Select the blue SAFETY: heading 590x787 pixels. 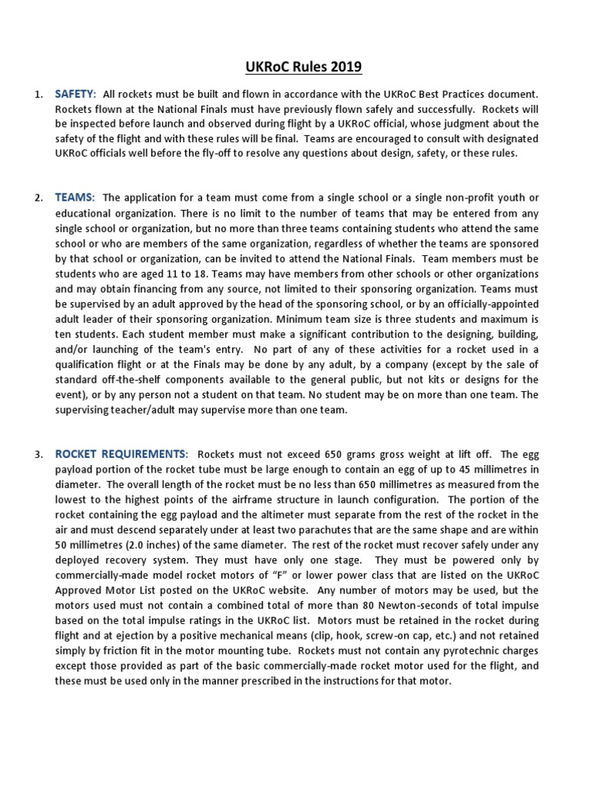(x=75, y=94)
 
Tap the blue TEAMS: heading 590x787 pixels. (x=75, y=198)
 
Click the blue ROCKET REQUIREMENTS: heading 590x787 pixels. (x=121, y=453)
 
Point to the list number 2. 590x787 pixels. (x=38, y=198)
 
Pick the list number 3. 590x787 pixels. (x=38, y=453)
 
